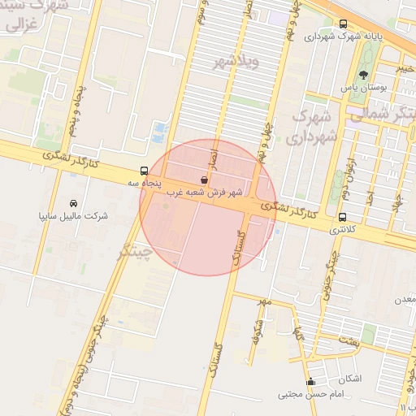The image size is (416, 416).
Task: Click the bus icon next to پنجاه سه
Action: [x=145, y=171]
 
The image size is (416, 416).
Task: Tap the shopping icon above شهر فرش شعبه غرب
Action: [x=203, y=179]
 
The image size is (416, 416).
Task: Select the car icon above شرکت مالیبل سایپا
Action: [x=74, y=202]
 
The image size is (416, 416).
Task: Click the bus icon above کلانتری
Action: [x=342, y=218]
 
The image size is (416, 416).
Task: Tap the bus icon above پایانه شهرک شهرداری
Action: [x=344, y=24]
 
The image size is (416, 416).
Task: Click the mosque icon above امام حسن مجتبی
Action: [x=310, y=382]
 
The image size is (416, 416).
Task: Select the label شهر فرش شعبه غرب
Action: [x=205, y=193]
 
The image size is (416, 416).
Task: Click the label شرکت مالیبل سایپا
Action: [x=74, y=216]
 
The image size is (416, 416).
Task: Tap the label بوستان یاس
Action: [x=375, y=86]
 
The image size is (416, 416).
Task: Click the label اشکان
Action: [x=349, y=379]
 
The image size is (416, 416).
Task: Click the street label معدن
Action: [x=405, y=299]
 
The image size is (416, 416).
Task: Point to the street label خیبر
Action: [x=407, y=69]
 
